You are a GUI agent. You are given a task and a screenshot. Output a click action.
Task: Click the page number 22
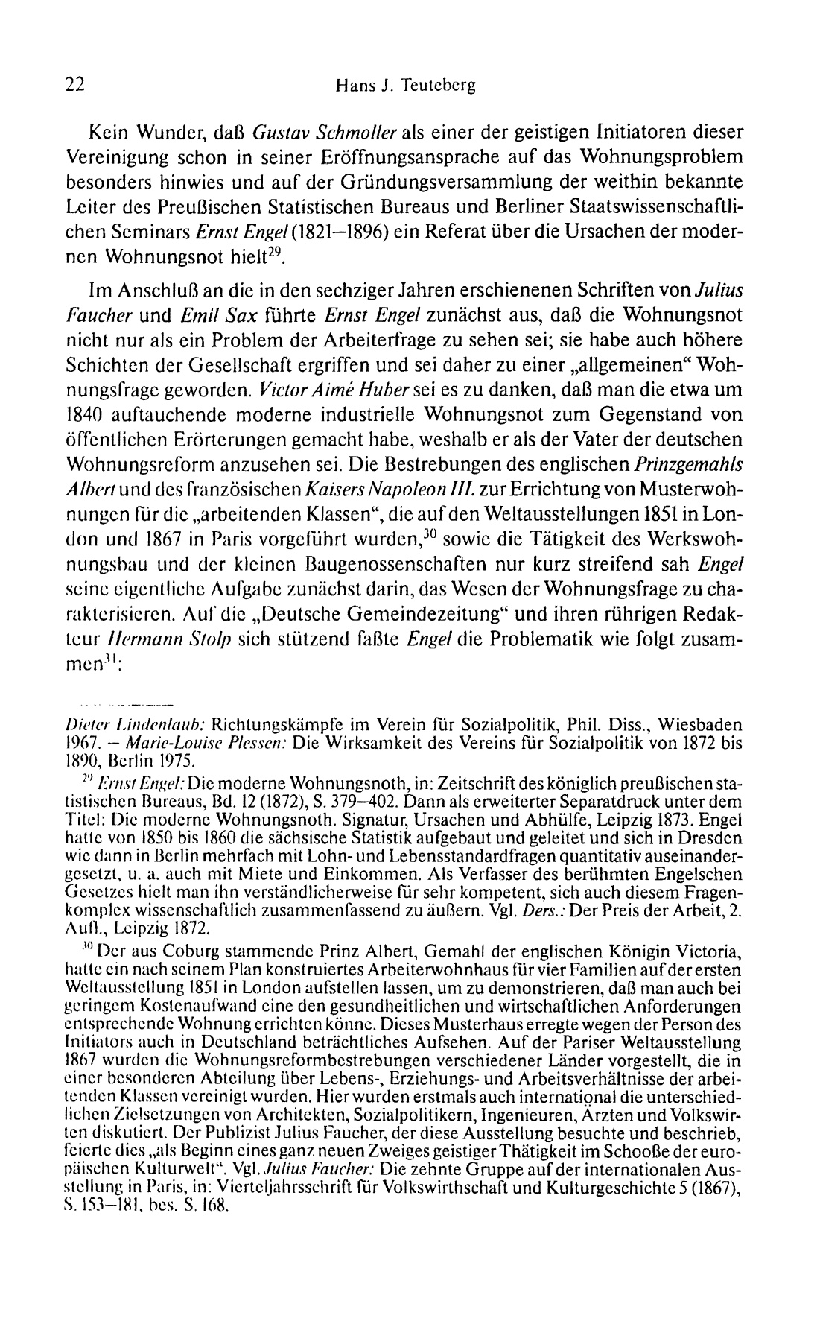75,85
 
